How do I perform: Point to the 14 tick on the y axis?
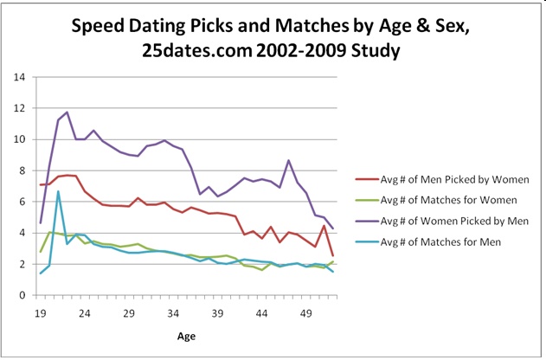[x=18, y=77]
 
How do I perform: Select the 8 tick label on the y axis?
[x=21, y=170]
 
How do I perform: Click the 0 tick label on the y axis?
[x=21, y=295]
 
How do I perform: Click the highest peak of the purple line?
[x=67, y=112]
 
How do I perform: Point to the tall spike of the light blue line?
[x=58, y=191]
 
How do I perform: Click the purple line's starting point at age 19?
[x=41, y=223]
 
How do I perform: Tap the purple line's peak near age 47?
[x=288, y=160]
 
